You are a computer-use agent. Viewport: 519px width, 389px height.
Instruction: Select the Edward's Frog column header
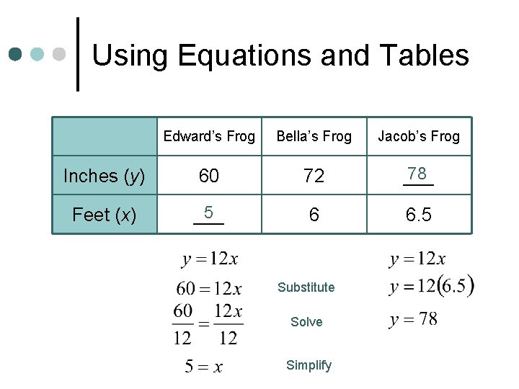[x=209, y=136]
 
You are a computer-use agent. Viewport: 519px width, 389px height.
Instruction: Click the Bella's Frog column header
[x=314, y=136]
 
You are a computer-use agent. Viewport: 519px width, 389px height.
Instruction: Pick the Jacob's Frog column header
[x=419, y=136]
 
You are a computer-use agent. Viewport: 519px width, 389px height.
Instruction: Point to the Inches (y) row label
[x=104, y=176]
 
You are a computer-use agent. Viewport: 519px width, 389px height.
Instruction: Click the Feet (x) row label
[x=104, y=215]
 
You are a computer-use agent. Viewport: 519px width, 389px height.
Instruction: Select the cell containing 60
[x=209, y=176]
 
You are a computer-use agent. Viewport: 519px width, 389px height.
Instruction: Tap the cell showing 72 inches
[x=314, y=176]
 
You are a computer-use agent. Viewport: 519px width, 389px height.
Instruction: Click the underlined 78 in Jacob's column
[x=417, y=174]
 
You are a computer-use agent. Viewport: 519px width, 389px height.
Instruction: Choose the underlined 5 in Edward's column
[x=208, y=213]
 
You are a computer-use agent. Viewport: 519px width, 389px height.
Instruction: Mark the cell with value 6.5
[x=419, y=215]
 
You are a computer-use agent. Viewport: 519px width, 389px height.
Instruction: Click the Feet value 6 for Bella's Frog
[x=314, y=215]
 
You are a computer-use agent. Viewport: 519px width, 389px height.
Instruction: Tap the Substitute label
[x=306, y=287]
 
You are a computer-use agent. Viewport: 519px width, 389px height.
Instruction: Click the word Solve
[x=306, y=322]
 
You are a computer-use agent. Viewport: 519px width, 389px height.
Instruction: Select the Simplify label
[x=309, y=365]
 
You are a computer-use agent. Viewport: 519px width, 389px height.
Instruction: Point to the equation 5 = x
[x=204, y=367]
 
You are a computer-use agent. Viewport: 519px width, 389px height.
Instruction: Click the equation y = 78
[x=413, y=319]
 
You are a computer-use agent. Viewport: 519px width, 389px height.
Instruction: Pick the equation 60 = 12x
[x=209, y=289]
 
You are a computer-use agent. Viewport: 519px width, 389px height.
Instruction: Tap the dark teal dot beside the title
[x=16, y=54]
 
